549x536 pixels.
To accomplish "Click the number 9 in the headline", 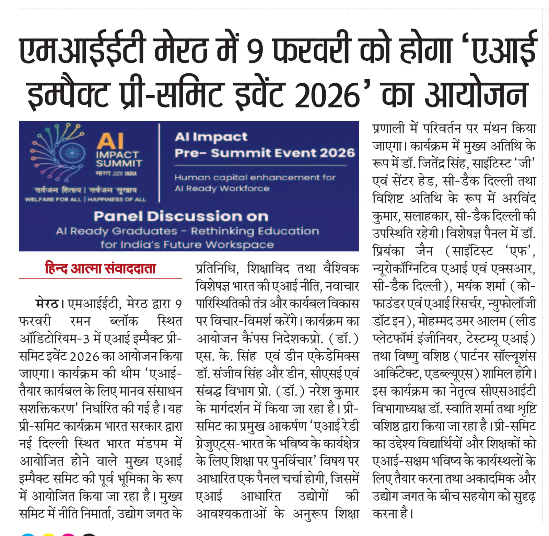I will [x=255, y=51].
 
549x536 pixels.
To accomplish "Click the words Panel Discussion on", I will [x=181, y=216].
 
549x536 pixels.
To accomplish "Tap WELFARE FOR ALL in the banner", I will [x=53, y=200].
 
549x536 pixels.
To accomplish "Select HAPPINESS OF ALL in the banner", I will [x=117, y=200].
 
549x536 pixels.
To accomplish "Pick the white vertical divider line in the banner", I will [x=159, y=163].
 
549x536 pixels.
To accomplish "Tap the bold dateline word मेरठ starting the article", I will [x=47, y=304].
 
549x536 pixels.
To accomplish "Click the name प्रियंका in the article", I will [x=389, y=251].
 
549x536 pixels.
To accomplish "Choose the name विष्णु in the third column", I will [x=407, y=356].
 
